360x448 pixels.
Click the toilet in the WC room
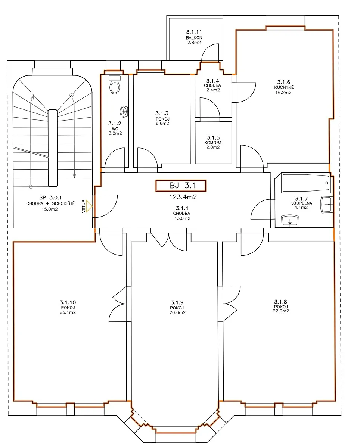point(115,84)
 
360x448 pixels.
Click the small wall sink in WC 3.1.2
point(124,111)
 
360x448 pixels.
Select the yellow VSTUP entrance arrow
point(89,206)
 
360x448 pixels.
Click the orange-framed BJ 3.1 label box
point(181,186)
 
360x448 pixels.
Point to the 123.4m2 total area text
point(183,197)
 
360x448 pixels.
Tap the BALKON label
point(194,38)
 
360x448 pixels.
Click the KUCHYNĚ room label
point(284,87)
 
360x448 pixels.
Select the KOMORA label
point(213,143)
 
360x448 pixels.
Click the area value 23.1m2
point(68,312)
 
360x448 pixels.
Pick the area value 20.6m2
point(177,312)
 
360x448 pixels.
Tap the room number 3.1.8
point(280,301)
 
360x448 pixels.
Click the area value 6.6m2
point(162,124)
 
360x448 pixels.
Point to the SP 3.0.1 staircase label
point(50,197)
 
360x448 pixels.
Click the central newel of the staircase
point(53,148)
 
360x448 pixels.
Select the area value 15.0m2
point(50,209)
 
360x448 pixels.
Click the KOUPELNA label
point(301,203)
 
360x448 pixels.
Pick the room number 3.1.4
point(212,81)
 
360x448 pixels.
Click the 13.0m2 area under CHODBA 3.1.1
point(182,218)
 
